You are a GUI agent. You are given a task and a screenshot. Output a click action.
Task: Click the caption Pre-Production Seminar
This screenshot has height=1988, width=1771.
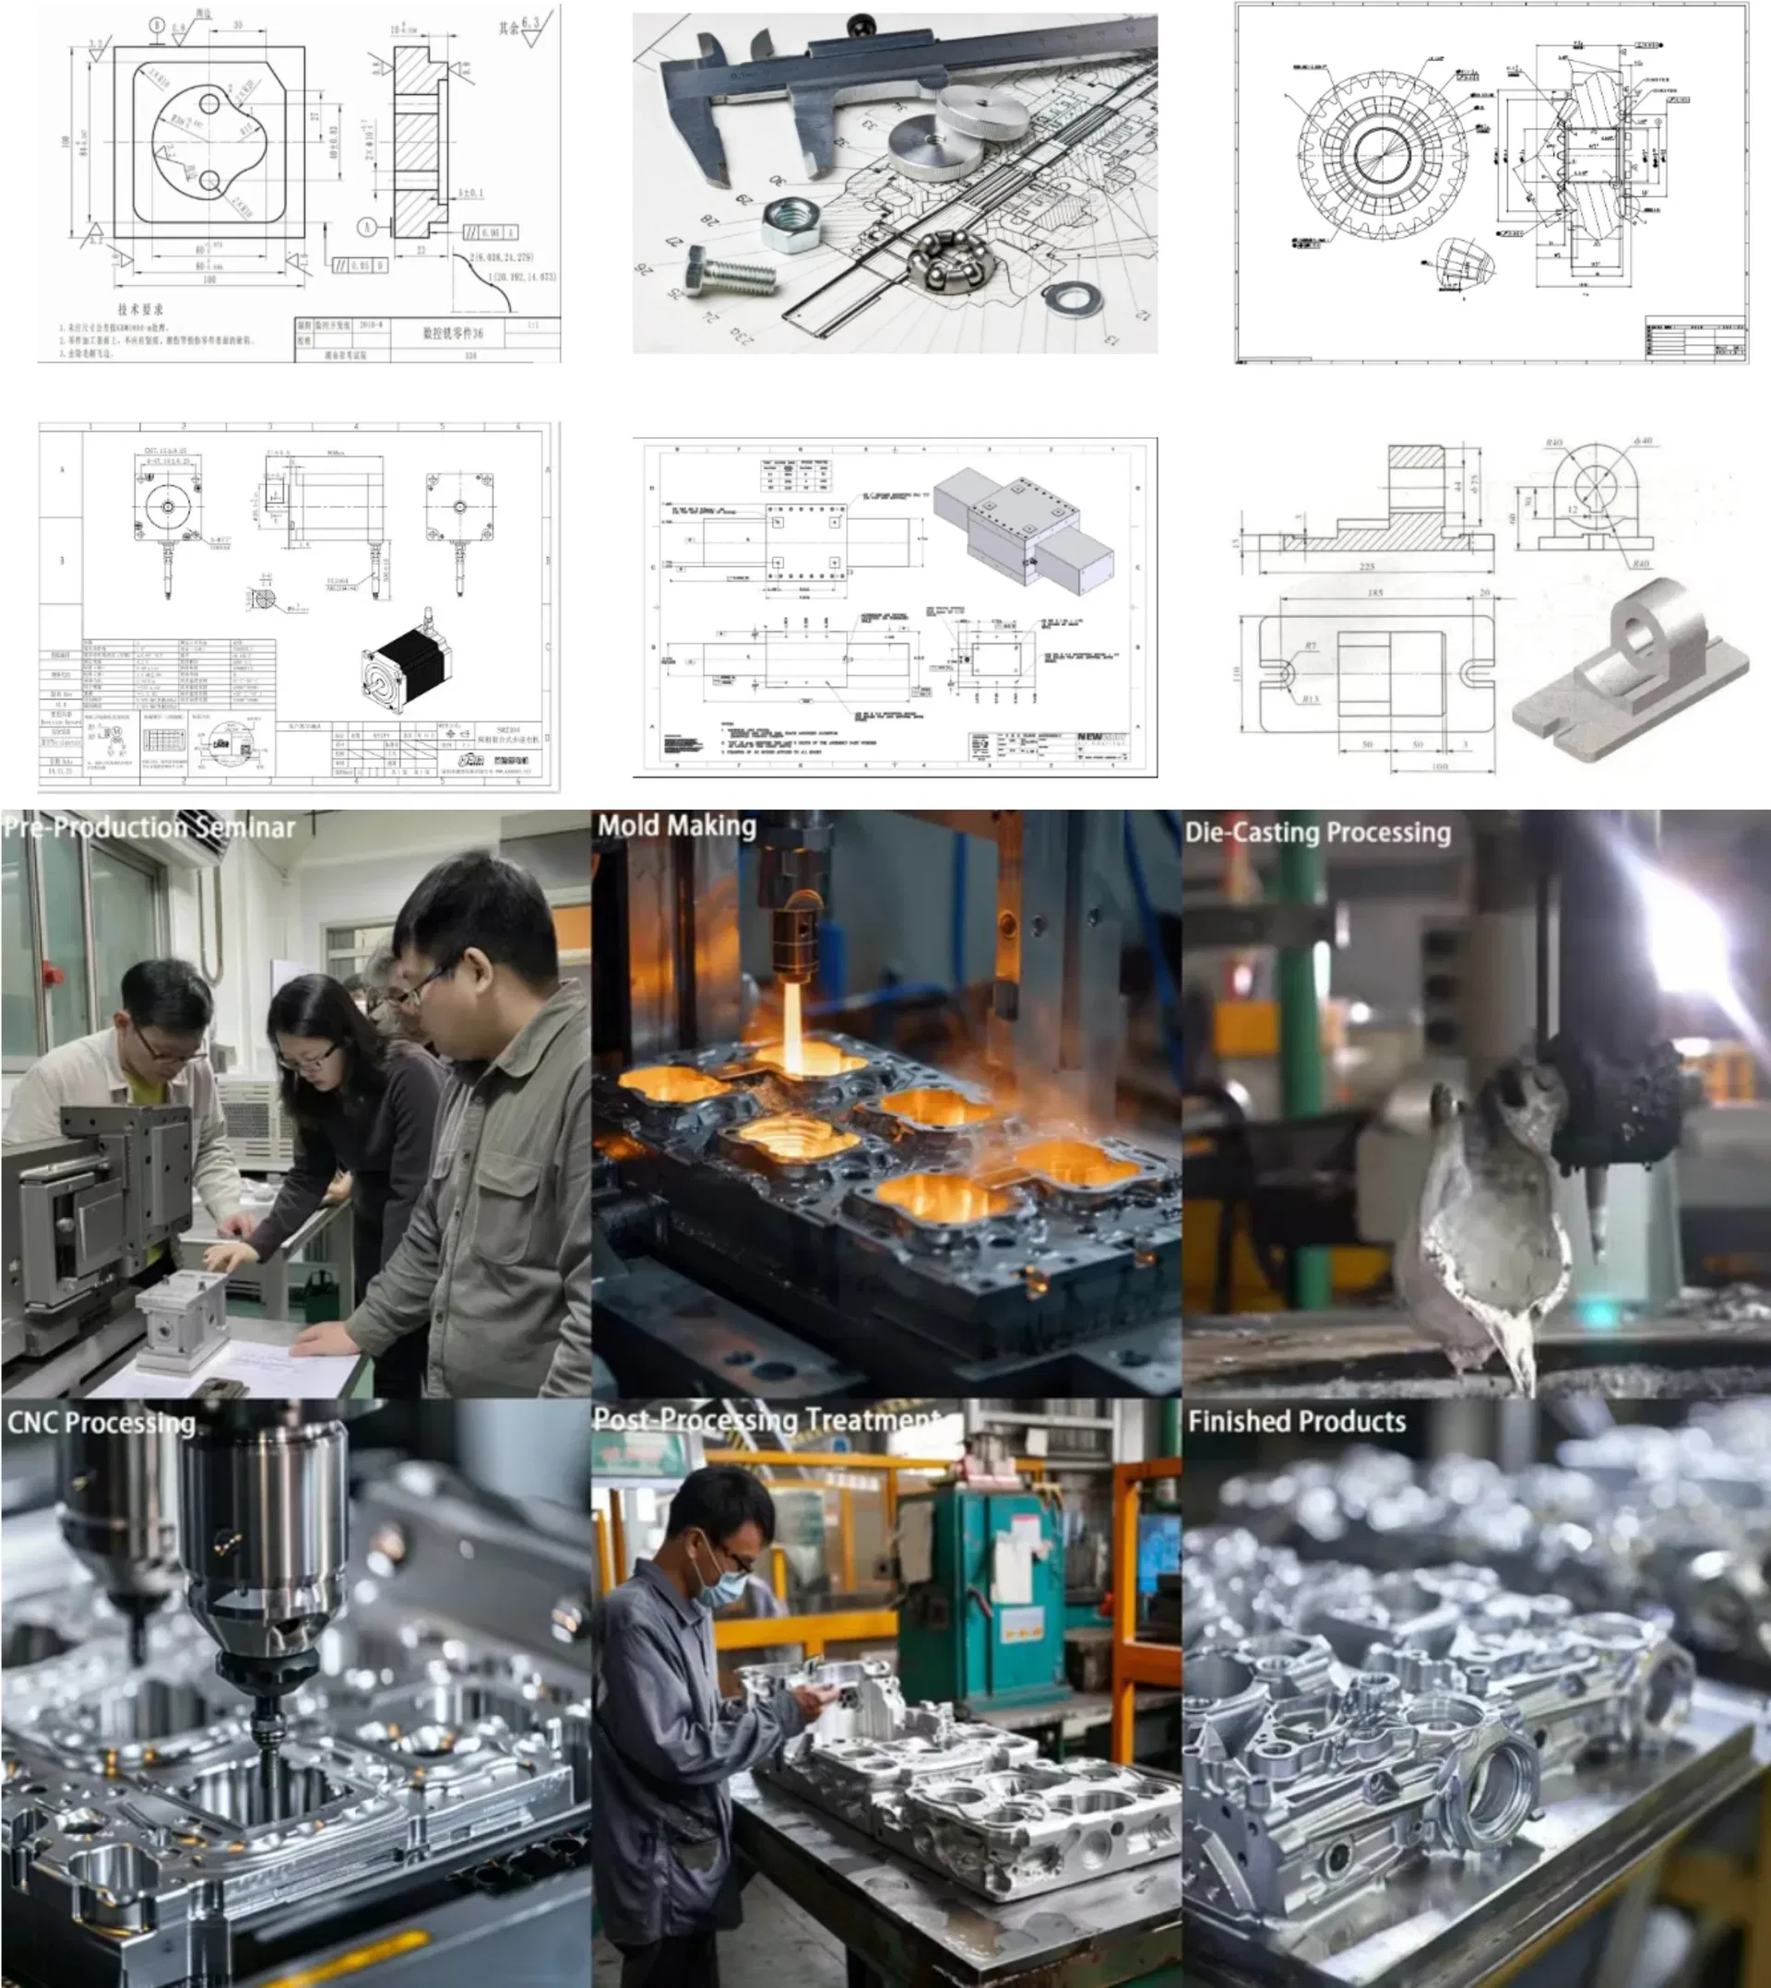pyautogui.click(x=148, y=828)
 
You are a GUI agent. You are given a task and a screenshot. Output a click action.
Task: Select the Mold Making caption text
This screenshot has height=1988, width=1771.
pyautogui.click(x=676, y=826)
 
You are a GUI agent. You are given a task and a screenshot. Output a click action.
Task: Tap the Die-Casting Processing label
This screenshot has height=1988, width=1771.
pyautogui.click(x=1317, y=833)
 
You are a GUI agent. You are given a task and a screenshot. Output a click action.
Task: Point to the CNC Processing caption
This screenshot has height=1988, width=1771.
pyautogui.click(x=101, y=1423)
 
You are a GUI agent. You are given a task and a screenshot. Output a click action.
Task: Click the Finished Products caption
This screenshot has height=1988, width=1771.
pyautogui.click(x=1296, y=1422)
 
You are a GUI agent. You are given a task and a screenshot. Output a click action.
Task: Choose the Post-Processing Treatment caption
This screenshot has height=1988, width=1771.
pyautogui.click(x=767, y=1420)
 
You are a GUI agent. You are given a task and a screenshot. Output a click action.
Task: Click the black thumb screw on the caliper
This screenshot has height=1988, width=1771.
pyautogui.click(x=862, y=23)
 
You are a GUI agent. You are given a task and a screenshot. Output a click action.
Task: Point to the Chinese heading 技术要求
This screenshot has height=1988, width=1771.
pyautogui.click(x=140, y=309)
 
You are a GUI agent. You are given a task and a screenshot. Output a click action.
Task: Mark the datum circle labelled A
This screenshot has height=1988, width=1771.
pyautogui.click(x=367, y=228)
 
